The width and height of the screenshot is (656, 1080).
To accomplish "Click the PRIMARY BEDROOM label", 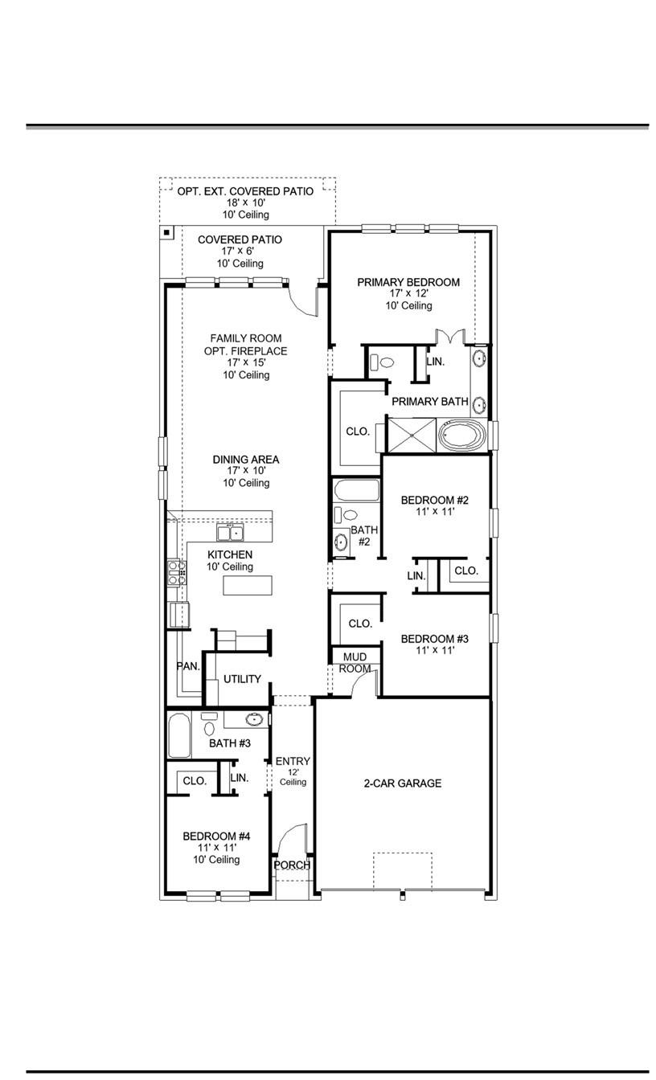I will tap(408, 282).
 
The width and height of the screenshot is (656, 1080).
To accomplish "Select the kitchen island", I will tap(247, 586).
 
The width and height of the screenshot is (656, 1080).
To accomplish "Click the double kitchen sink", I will tap(230, 533).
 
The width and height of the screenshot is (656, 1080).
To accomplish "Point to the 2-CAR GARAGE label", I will tap(402, 783).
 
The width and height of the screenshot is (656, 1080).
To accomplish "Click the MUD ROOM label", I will tap(355, 663).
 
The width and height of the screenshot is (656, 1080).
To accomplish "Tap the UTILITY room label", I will tap(242, 679).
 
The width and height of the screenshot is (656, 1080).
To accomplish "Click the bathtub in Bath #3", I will tap(178, 735).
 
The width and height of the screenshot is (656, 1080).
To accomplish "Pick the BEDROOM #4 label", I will tap(216, 836).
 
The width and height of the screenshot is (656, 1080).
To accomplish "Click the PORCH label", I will tap(292, 865).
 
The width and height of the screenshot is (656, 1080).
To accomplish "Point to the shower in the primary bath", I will tap(412, 435).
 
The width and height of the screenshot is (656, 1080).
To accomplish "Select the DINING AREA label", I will tap(246, 460).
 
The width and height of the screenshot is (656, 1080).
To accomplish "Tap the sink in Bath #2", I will tap(342, 542).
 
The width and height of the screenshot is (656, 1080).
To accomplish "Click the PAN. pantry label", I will tap(188, 666).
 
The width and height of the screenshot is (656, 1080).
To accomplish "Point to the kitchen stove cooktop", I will tap(177, 572).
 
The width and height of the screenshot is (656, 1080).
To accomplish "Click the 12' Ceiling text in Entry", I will tap(293, 776).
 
